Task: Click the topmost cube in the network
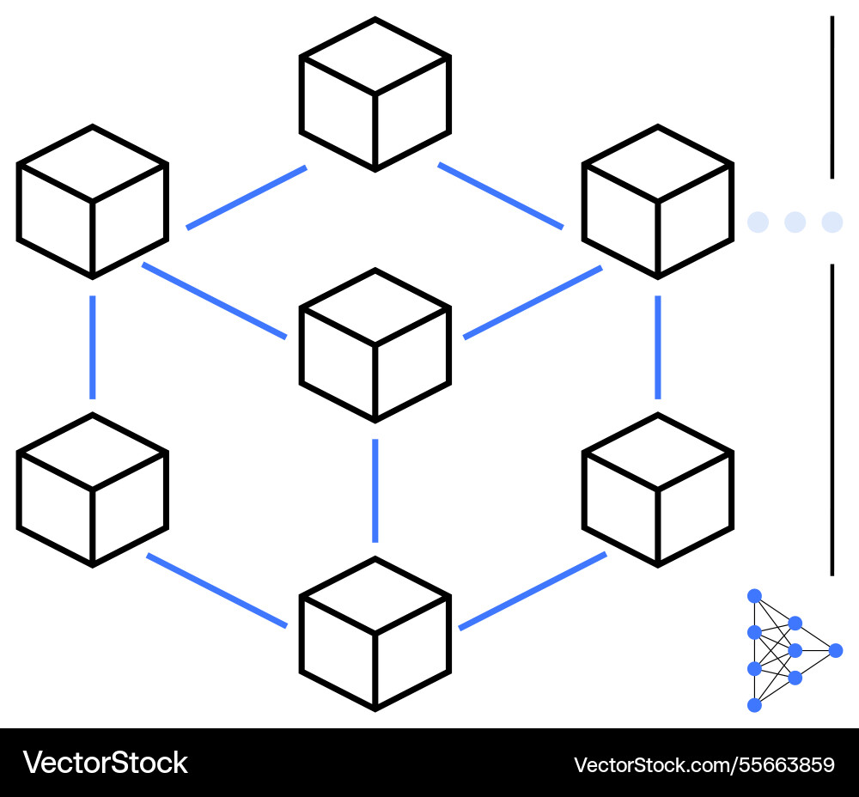[x=375, y=94]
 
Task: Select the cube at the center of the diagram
[x=375, y=345]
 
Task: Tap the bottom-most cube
[x=375, y=634]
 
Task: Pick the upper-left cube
[x=92, y=202]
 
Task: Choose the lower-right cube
[x=657, y=490]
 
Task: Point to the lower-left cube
[x=92, y=490]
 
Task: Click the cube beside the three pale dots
[x=657, y=202]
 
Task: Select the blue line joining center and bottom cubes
[x=375, y=490]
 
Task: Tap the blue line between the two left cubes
[x=92, y=347]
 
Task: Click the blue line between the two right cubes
[x=657, y=347]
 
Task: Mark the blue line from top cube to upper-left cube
[x=247, y=198]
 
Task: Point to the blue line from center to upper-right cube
[x=533, y=302]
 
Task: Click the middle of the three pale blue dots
[x=795, y=222]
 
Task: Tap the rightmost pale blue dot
[x=832, y=222]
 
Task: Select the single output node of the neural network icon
[x=835, y=650]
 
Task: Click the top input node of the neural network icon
[x=754, y=595]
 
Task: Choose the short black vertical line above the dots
[x=832, y=96]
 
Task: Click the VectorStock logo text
[x=105, y=763]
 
